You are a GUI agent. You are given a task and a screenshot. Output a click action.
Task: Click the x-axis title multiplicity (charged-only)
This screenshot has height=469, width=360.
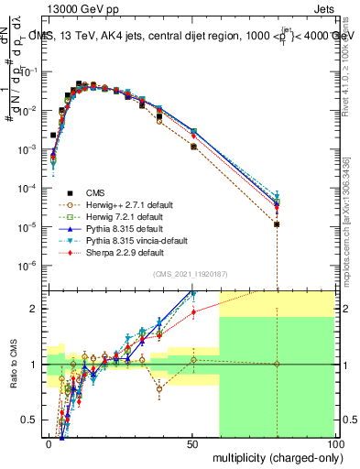[274, 457]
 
